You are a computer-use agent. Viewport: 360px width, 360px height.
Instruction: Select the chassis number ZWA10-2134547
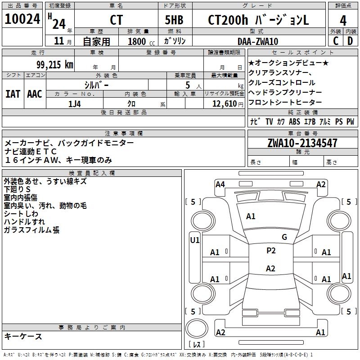302,144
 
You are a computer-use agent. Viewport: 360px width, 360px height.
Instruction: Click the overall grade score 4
343,20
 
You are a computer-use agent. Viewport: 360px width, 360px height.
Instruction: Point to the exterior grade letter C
336,41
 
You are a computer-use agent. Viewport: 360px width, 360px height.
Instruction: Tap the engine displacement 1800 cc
140,41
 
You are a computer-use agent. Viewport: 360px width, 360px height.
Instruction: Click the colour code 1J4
75,103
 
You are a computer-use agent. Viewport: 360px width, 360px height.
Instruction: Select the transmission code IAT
13,94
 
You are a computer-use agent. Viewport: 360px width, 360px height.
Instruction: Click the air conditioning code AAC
34,94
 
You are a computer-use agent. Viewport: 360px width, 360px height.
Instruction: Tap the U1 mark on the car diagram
194,240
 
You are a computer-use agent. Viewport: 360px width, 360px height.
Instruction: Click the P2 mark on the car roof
271,251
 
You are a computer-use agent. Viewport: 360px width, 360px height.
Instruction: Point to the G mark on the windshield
284,237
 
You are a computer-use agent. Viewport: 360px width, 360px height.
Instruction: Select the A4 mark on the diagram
220,184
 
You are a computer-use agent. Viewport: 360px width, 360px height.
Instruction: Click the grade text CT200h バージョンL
258,20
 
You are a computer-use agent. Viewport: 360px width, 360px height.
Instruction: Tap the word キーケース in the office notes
23,336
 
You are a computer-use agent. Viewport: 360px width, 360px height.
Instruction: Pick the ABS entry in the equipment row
294,121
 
